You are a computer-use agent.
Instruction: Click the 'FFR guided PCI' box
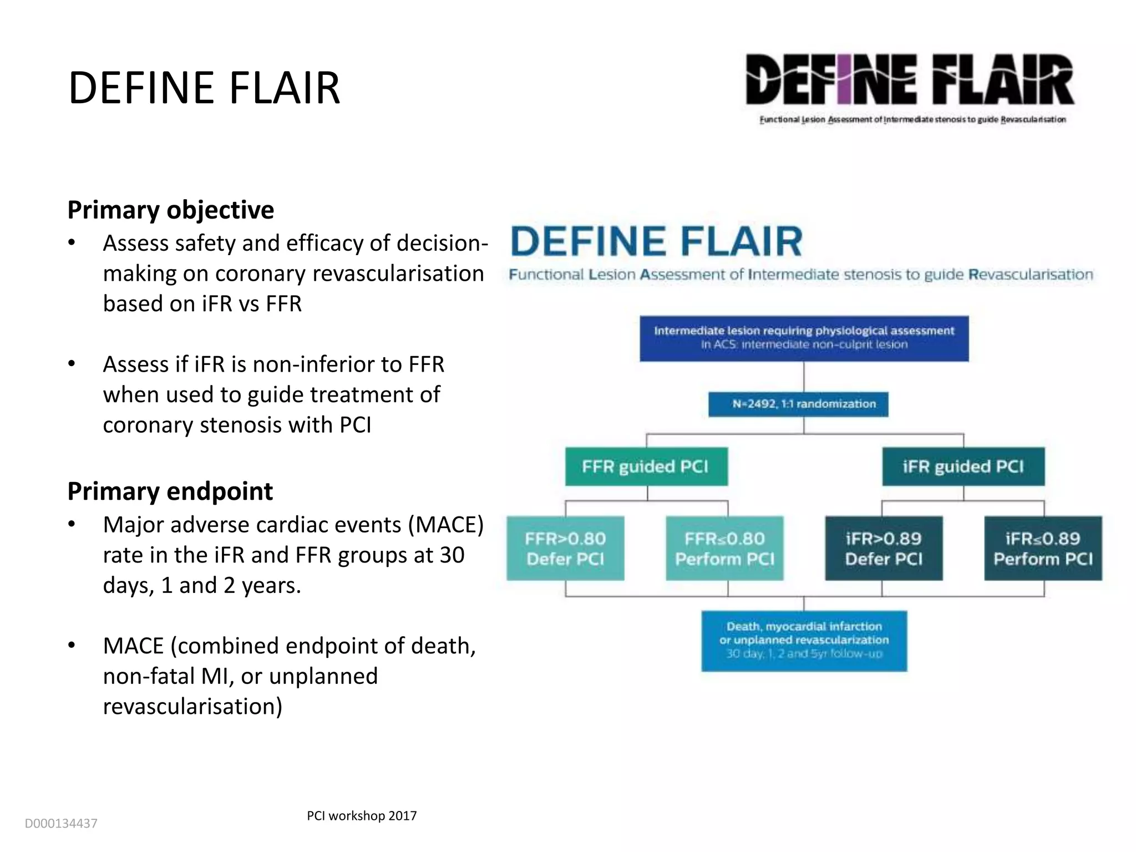(x=646, y=466)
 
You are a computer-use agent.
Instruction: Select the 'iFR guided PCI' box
(x=963, y=466)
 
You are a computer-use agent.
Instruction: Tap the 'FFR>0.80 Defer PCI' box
(x=565, y=548)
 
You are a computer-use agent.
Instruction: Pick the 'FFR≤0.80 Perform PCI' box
(x=724, y=548)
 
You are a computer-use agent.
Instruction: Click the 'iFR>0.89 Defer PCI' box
(x=884, y=548)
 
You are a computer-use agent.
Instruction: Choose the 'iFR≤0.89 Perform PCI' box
(x=1043, y=548)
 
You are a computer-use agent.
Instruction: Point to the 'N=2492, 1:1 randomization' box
(x=804, y=404)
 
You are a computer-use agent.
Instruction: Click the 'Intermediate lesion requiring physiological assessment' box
(x=804, y=338)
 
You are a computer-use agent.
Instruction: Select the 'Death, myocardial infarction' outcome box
(x=804, y=640)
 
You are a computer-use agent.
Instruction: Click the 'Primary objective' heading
(x=170, y=210)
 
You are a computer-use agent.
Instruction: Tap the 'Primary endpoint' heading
(x=170, y=491)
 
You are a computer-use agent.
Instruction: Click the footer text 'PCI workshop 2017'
(x=362, y=815)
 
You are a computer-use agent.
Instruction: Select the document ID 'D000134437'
(x=61, y=824)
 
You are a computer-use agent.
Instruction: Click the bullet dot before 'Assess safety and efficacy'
(x=72, y=243)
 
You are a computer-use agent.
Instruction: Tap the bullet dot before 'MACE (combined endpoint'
(x=72, y=646)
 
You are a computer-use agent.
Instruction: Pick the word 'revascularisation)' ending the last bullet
(x=192, y=707)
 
